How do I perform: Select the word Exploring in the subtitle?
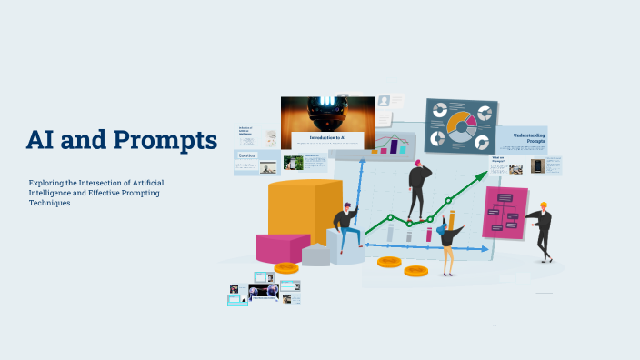(47, 183)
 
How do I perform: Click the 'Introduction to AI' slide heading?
(326, 138)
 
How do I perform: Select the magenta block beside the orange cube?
(282, 248)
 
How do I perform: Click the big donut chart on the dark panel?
(462, 125)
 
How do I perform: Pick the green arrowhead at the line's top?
(483, 175)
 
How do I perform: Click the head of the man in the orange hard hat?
(543, 207)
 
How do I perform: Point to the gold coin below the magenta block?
(286, 268)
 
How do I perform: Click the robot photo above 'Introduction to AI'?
(327, 114)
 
